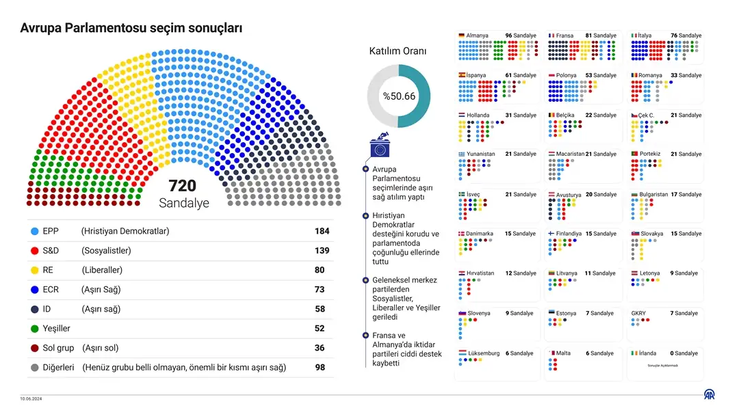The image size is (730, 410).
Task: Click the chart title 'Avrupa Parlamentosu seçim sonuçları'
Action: tap(131, 28)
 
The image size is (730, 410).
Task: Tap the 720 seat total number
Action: tap(182, 186)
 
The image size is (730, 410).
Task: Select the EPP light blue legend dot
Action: tap(35, 231)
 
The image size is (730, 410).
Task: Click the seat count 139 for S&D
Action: tap(322, 251)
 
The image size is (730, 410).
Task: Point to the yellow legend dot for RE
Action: tap(35, 271)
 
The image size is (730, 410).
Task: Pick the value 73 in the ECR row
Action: tap(320, 290)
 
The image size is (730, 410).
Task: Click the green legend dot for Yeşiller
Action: tap(35, 329)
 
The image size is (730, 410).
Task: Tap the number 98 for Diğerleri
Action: tap(320, 368)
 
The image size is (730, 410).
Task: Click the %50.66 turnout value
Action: tap(399, 96)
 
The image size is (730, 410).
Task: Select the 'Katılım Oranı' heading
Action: tap(397, 51)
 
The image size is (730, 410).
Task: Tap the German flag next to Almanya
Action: tap(462, 36)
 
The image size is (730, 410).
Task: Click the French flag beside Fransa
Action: tap(551, 36)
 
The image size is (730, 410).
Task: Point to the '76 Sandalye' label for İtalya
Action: tap(686, 36)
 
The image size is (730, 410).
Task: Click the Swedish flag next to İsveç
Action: tap(462, 194)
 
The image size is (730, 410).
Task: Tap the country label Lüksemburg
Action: tap(483, 353)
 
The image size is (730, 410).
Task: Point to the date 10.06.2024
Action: tap(30, 398)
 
